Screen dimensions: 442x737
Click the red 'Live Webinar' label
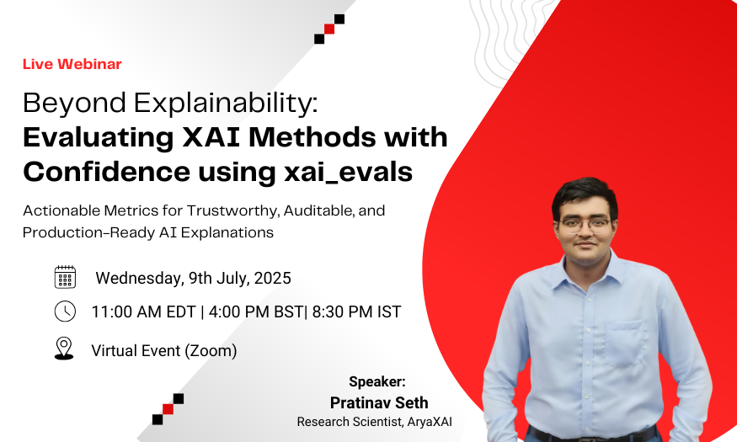pos(72,64)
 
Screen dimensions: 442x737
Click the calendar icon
pos(65,277)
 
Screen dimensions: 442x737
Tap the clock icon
pos(65,312)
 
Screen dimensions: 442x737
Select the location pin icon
pos(64,349)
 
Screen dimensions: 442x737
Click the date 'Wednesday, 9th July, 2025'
pos(193,278)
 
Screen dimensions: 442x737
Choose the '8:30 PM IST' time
pos(356,312)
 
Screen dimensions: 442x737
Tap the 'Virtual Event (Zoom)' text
pos(163,350)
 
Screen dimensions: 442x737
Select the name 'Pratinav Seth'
pos(378,402)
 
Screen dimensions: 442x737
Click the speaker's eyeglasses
pos(585,225)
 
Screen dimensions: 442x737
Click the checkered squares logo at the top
pos(328,29)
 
